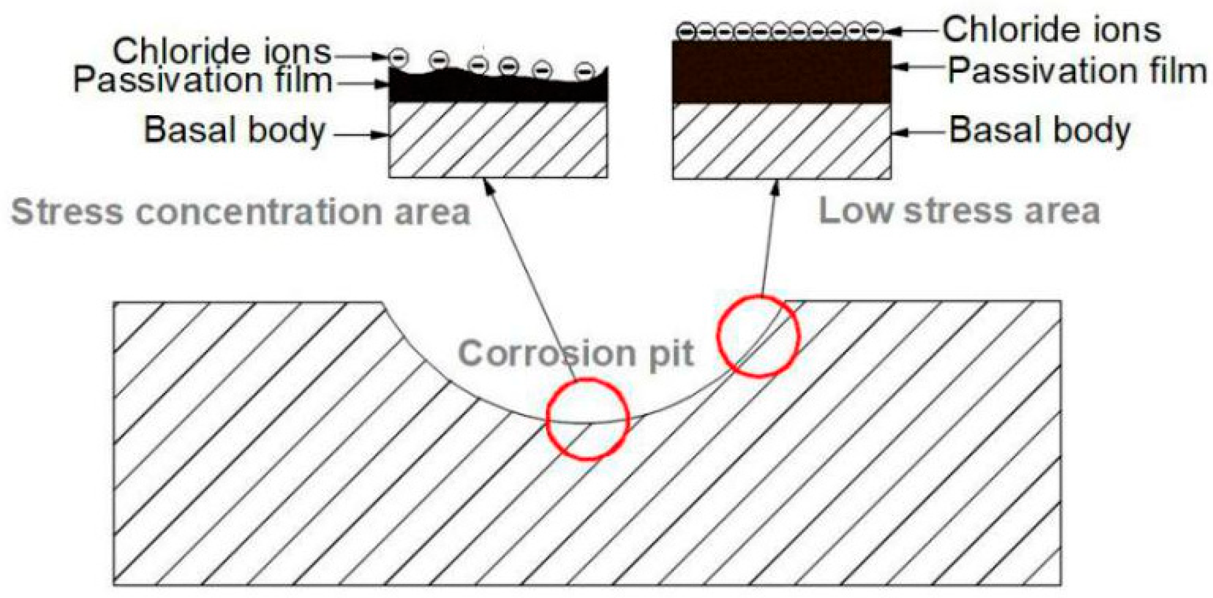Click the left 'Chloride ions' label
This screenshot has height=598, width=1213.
[221, 52]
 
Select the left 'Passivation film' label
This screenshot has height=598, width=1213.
[203, 80]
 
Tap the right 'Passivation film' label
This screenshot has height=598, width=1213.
[1077, 71]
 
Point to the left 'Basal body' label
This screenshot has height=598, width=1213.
[234, 130]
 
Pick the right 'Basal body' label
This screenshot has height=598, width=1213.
[1039, 130]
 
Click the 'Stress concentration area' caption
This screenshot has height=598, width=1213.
[240, 212]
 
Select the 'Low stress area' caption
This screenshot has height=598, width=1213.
[959, 211]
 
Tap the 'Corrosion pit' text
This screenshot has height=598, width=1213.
[576, 353]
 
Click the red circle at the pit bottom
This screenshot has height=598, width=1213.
[588, 419]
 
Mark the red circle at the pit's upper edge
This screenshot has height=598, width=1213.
[758, 336]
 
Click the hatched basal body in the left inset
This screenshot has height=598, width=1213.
[498, 140]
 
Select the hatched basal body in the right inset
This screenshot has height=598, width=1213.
[782, 141]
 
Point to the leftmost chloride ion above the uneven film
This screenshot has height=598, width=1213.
[398, 57]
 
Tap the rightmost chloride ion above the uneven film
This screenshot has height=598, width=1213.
[585, 71]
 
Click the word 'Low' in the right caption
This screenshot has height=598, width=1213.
[855, 211]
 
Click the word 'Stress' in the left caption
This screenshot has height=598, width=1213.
[67, 212]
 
